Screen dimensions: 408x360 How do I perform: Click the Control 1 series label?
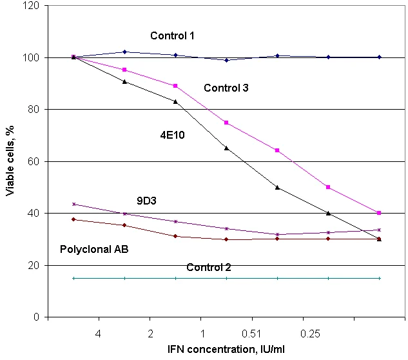click(172, 35)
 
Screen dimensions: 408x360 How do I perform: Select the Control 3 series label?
click(226, 88)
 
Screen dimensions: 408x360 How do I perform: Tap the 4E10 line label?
click(172, 135)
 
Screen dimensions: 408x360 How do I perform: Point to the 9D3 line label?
click(146, 201)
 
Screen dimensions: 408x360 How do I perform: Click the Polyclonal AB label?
click(94, 249)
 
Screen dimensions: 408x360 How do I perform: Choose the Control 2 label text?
click(209, 267)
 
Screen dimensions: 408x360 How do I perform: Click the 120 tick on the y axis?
click(31, 5)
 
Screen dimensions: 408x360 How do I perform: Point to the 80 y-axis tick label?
click(34, 109)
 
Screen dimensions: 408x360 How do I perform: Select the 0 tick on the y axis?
click(36, 317)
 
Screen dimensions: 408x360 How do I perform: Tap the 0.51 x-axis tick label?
click(251, 334)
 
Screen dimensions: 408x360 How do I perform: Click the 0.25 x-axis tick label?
click(310, 334)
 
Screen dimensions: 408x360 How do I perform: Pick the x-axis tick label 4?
click(98, 334)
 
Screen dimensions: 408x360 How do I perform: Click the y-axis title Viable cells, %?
click(10, 161)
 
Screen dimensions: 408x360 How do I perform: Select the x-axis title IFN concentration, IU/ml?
click(226, 349)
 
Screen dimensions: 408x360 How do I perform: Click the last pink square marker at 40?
click(379, 213)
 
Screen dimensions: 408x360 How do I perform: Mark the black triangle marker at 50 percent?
click(277, 187)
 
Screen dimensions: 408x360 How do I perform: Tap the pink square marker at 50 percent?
click(328, 187)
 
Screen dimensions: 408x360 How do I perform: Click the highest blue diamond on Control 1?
click(124, 52)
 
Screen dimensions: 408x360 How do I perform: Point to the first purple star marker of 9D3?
click(73, 205)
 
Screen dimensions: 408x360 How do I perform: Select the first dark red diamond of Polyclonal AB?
click(73, 219)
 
